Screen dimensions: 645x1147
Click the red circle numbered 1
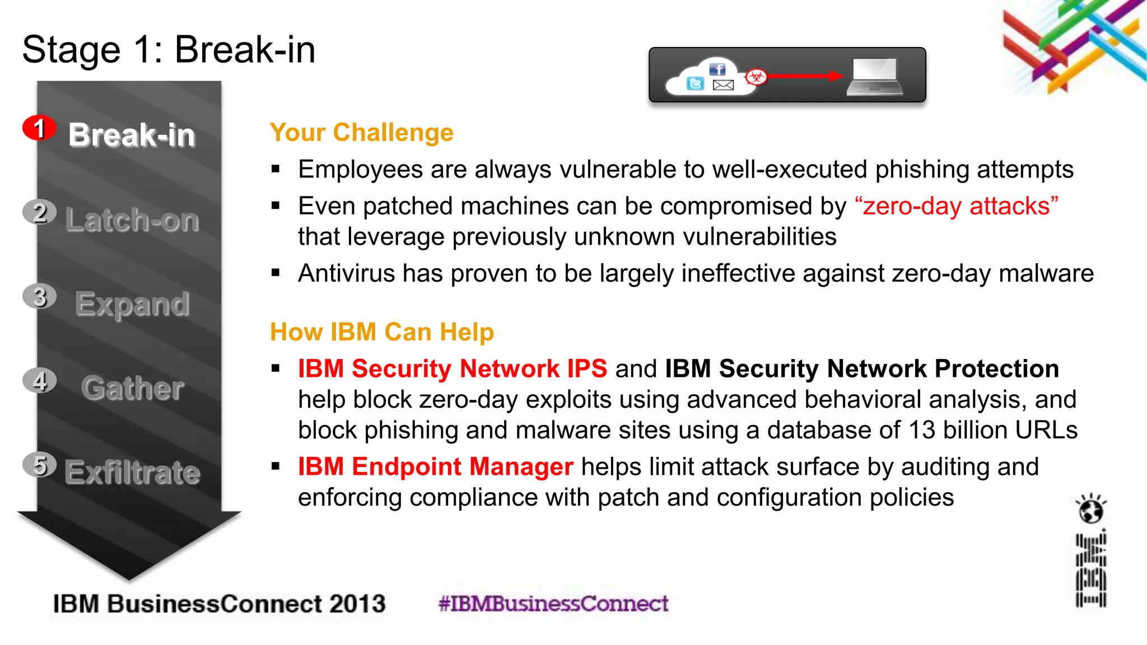[39, 128]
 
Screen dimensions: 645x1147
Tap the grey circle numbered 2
[39, 212]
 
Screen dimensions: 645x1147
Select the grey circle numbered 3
[39, 297]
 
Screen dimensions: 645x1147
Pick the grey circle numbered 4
[39, 381]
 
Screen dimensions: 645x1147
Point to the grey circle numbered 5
[39, 465]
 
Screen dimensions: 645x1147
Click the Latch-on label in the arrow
[132, 220]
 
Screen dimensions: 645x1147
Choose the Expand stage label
[132, 304]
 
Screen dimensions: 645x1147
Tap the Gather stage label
[132, 388]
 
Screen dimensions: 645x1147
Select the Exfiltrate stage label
[132, 473]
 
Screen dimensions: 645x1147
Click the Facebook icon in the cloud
[717, 69]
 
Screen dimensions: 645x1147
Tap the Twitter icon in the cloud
[695, 84]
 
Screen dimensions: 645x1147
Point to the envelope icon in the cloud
[723, 85]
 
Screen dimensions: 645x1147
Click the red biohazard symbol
[756, 76]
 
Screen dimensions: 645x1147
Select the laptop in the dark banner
[875, 77]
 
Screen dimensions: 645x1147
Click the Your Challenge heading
[361, 133]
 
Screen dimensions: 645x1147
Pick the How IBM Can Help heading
[382, 332]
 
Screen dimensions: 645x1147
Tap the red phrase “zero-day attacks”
[957, 206]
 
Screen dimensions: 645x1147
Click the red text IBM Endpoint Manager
[435, 466]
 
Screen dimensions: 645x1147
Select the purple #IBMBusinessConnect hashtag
[553, 604]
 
